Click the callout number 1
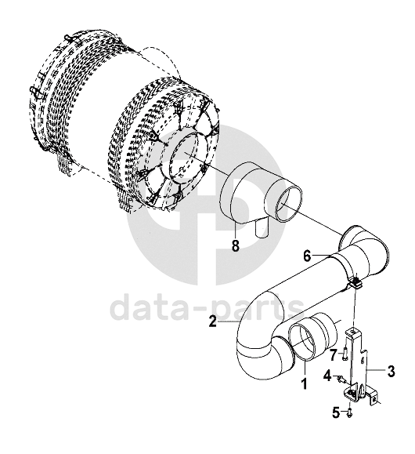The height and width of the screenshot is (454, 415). point(304,384)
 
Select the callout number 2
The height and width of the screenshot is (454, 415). point(212,321)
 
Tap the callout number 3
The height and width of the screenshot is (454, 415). point(391,371)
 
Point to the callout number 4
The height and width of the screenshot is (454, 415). point(327,376)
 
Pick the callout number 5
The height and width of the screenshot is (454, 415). point(336,412)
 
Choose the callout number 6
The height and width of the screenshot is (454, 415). point(307,256)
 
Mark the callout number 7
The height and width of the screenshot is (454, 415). point(333,354)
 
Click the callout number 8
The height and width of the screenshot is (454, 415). point(236,246)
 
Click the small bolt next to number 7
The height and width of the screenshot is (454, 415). point(345,354)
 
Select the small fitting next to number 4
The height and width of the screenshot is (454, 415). point(340,379)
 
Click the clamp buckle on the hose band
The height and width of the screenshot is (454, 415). point(356,281)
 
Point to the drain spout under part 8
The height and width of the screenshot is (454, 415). point(262,228)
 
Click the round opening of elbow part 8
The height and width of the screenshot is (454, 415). point(289,204)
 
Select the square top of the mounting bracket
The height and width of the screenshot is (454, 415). point(354,332)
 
